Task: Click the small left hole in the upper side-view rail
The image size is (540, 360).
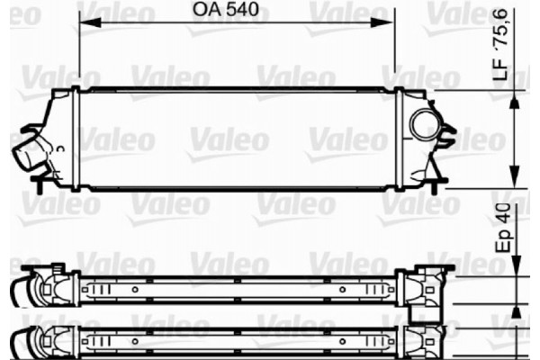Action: point(135,290)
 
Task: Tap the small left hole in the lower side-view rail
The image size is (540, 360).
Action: point(135,341)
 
